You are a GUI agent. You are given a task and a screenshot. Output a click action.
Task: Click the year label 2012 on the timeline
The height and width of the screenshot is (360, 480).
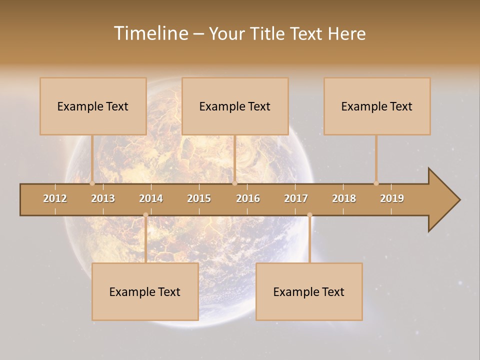pyautogui.click(x=55, y=198)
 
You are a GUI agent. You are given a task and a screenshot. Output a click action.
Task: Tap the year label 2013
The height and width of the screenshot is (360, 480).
pyautogui.click(x=103, y=198)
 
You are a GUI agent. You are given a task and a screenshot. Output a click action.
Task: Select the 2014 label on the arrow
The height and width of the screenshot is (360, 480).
pyautogui.click(x=151, y=198)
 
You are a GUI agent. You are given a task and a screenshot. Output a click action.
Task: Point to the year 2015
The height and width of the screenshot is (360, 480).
pyautogui.click(x=199, y=198)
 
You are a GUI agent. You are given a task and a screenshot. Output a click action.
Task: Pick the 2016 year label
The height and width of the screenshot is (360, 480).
pyautogui.click(x=248, y=198)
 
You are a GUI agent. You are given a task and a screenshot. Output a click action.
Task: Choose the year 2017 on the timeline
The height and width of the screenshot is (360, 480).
pyautogui.click(x=296, y=198)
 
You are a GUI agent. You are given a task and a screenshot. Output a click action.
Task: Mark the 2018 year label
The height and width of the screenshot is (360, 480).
pyautogui.click(x=344, y=198)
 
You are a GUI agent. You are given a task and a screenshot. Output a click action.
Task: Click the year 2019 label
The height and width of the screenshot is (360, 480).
pyautogui.click(x=392, y=198)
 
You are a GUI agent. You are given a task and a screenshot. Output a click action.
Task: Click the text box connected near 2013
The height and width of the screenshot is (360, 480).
pyautogui.click(x=93, y=106)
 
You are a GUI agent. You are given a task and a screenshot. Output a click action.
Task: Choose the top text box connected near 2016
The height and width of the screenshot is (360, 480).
pyautogui.click(x=235, y=106)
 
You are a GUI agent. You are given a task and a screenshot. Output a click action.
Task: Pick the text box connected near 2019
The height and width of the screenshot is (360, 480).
pyautogui.click(x=377, y=106)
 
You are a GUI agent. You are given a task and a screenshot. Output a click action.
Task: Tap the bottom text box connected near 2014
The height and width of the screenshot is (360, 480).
pyautogui.click(x=145, y=291)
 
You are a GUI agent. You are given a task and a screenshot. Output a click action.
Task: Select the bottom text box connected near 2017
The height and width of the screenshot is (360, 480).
pyautogui.click(x=309, y=291)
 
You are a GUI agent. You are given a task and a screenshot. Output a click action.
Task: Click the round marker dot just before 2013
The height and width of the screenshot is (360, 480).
pyautogui.click(x=92, y=183)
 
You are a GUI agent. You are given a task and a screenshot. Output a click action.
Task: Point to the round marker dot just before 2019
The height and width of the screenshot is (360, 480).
pyautogui.click(x=376, y=183)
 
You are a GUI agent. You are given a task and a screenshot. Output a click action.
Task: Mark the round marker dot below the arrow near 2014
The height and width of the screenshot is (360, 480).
pyautogui.click(x=145, y=215)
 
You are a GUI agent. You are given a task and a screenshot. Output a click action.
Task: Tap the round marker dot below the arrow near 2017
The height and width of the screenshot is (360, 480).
pyautogui.click(x=309, y=215)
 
